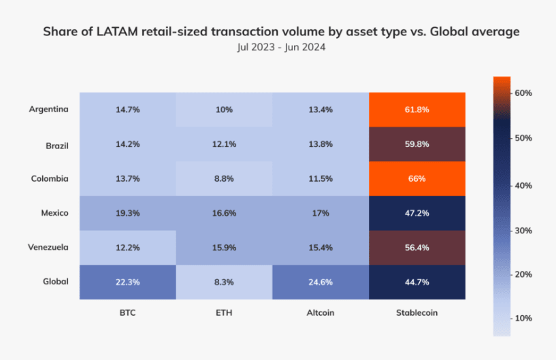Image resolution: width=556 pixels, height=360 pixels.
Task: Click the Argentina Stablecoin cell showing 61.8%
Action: click(417, 110)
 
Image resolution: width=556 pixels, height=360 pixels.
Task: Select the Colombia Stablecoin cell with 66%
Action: click(417, 178)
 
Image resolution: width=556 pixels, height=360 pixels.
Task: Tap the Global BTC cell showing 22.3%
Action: click(127, 282)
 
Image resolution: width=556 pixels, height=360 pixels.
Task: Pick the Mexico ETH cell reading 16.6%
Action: click(224, 213)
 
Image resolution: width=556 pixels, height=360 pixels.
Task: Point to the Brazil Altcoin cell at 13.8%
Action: click(321, 144)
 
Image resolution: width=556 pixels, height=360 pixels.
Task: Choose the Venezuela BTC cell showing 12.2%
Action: click(127, 248)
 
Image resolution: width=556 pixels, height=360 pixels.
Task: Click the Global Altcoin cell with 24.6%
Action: click(321, 282)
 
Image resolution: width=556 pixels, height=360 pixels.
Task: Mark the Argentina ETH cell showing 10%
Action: click(224, 110)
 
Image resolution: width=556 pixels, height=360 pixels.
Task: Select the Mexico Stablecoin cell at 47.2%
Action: click(417, 213)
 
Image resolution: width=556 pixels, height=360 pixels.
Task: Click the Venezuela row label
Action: click(48, 247)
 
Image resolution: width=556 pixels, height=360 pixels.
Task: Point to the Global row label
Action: click(55, 281)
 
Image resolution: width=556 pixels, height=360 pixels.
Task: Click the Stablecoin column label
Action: click(417, 314)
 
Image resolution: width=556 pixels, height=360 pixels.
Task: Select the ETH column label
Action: click(224, 314)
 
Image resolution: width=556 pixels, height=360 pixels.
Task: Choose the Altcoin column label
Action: click(321, 314)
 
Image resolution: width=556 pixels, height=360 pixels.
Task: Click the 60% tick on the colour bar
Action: click(523, 93)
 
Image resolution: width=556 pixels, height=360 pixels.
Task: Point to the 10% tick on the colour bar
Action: click(523, 318)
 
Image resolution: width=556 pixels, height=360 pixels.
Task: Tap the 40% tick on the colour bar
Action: click(523, 185)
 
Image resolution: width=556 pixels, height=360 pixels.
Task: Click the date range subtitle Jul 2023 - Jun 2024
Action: click(278, 48)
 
